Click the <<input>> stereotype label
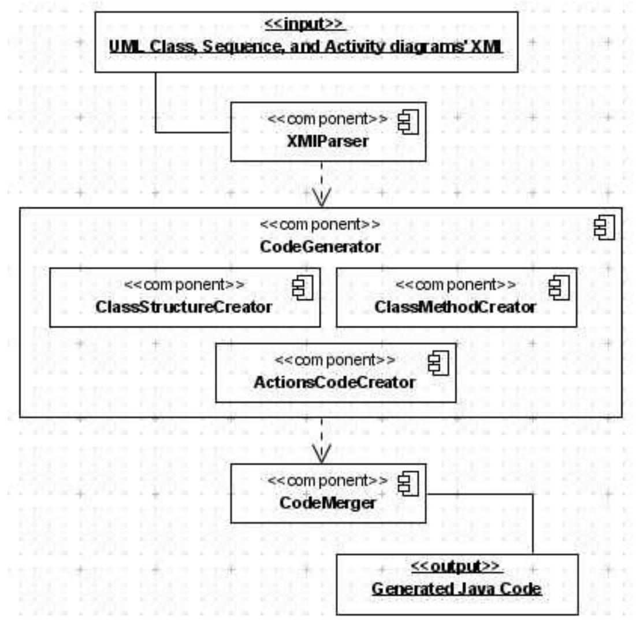tap(304, 24)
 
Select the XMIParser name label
tap(328, 141)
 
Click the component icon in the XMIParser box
tap(408, 123)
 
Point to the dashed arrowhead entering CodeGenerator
tap(322, 197)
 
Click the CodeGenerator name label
tap(320, 246)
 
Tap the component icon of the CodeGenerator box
tap(604, 228)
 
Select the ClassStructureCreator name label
tap(184, 307)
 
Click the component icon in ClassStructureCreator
tap(303, 288)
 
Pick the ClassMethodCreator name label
tap(455, 307)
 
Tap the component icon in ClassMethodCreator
tap(559, 288)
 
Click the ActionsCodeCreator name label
tap(334, 382)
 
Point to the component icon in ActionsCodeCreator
tap(438, 363)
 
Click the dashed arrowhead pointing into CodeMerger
tap(322, 453)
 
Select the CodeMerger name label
tap(328, 503)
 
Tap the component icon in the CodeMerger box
tap(408, 484)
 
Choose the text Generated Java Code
tap(457, 589)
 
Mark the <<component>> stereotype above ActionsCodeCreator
tap(334, 360)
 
